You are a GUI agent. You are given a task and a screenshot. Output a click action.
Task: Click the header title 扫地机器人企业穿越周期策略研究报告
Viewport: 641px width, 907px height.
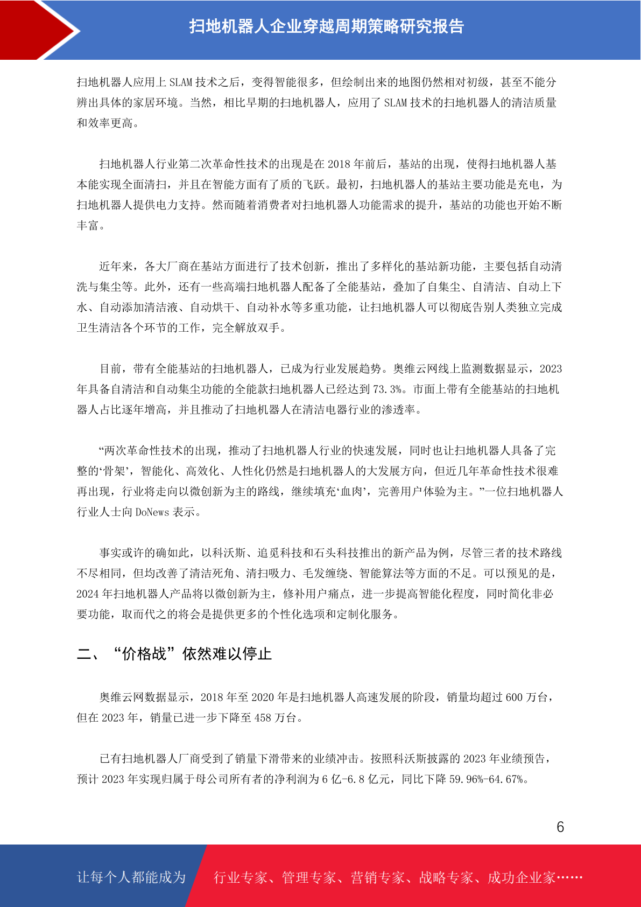click(x=326, y=26)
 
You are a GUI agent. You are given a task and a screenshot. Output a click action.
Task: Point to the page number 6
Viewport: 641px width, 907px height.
click(x=560, y=827)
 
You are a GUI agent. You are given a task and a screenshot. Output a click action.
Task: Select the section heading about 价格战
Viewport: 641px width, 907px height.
click(x=174, y=654)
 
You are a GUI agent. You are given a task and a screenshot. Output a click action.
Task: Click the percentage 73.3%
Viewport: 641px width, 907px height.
click(x=388, y=389)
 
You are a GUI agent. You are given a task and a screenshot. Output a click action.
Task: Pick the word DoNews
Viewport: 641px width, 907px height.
click(x=152, y=512)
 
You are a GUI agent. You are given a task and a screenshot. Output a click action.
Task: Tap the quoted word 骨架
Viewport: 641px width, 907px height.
click(x=114, y=471)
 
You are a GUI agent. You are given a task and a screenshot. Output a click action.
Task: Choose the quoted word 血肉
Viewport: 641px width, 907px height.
click(x=353, y=492)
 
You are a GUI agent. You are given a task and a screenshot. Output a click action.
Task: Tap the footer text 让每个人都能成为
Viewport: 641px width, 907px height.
click(x=131, y=877)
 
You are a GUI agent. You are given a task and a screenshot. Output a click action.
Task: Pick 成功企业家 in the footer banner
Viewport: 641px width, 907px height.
click(x=521, y=877)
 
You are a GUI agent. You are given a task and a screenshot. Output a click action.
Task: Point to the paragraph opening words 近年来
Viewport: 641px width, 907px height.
click(x=116, y=267)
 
